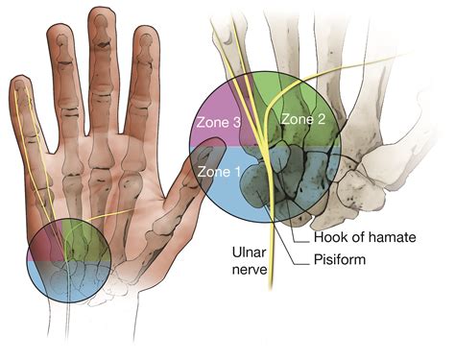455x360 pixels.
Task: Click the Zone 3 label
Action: [x=218, y=123]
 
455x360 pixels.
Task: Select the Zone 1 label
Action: [x=219, y=171]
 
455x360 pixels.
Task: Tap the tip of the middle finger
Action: [x=100, y=16]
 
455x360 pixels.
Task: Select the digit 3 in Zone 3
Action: [x=238, y=123]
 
